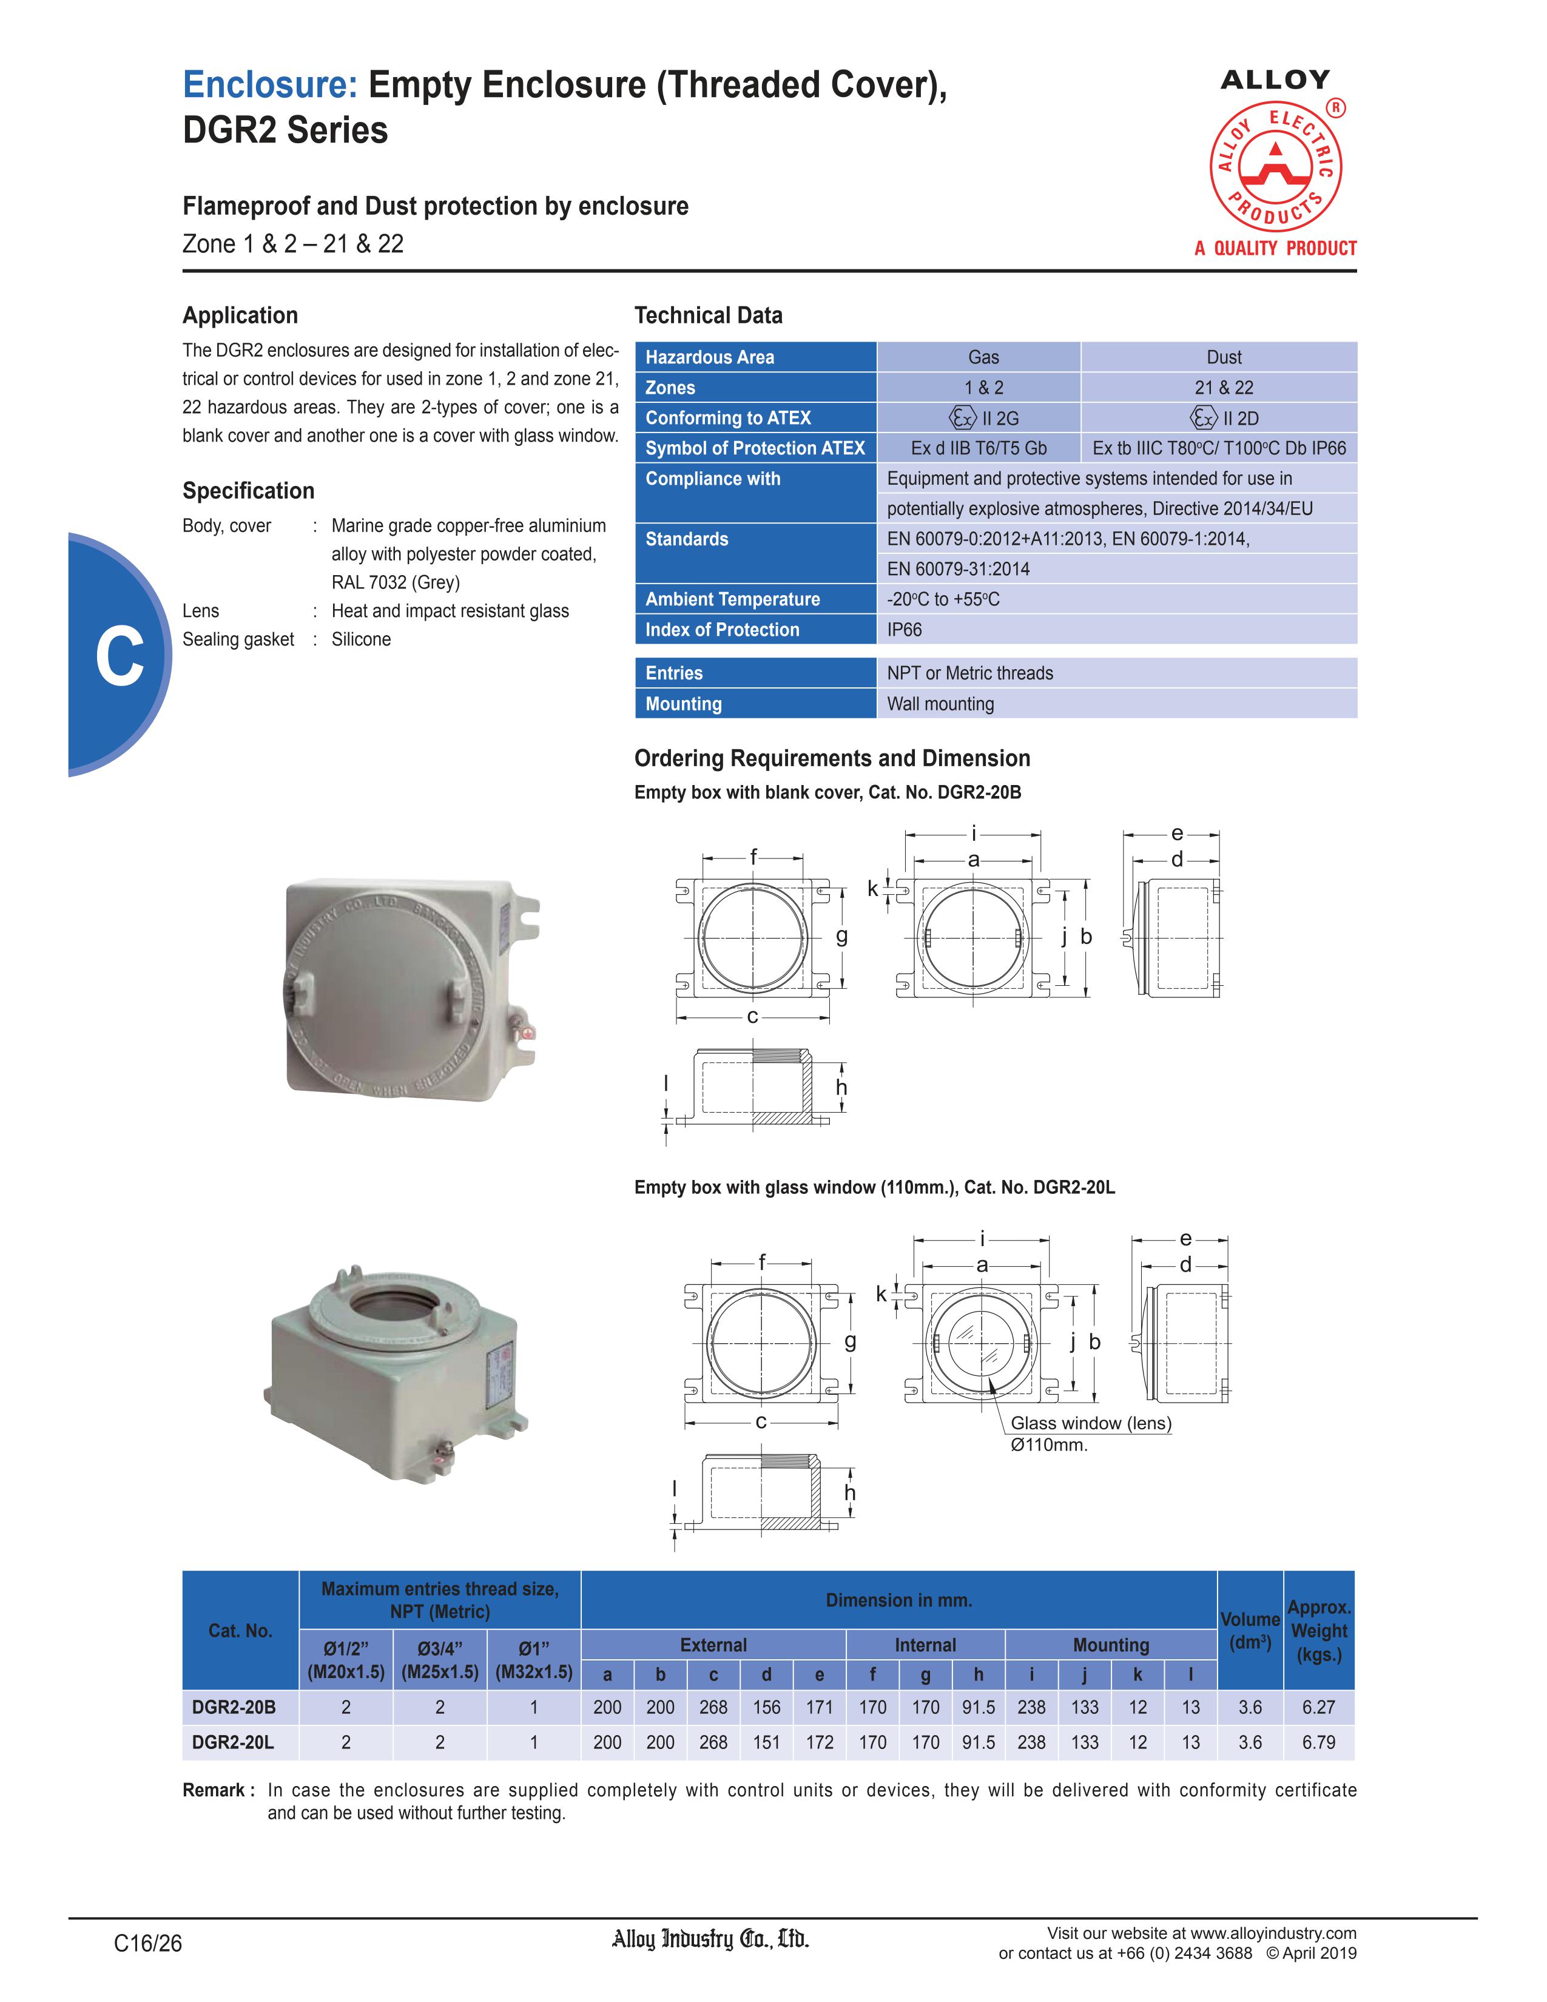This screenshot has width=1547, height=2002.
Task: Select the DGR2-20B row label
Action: tap(234, 1707)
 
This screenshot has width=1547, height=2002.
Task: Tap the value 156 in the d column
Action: tap(766, 1707)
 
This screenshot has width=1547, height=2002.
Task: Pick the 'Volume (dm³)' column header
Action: tap(1250, 1631)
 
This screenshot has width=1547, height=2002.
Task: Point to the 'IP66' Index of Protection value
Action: tap(905, 630)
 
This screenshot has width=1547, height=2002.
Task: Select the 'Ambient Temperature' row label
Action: tap(732, 599)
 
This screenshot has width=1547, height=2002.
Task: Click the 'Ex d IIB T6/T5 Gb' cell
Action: tap(979, 448)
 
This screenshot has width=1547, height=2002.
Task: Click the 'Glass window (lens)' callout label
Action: tap(1091, 1423)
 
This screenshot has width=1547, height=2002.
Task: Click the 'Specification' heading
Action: tap(248, 490)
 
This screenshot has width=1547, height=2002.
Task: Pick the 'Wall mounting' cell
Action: tap(940, 704)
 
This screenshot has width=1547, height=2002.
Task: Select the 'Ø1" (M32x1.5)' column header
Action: tap(533, 1659)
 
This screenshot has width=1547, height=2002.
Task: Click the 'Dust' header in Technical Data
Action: tap(1224, 357)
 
